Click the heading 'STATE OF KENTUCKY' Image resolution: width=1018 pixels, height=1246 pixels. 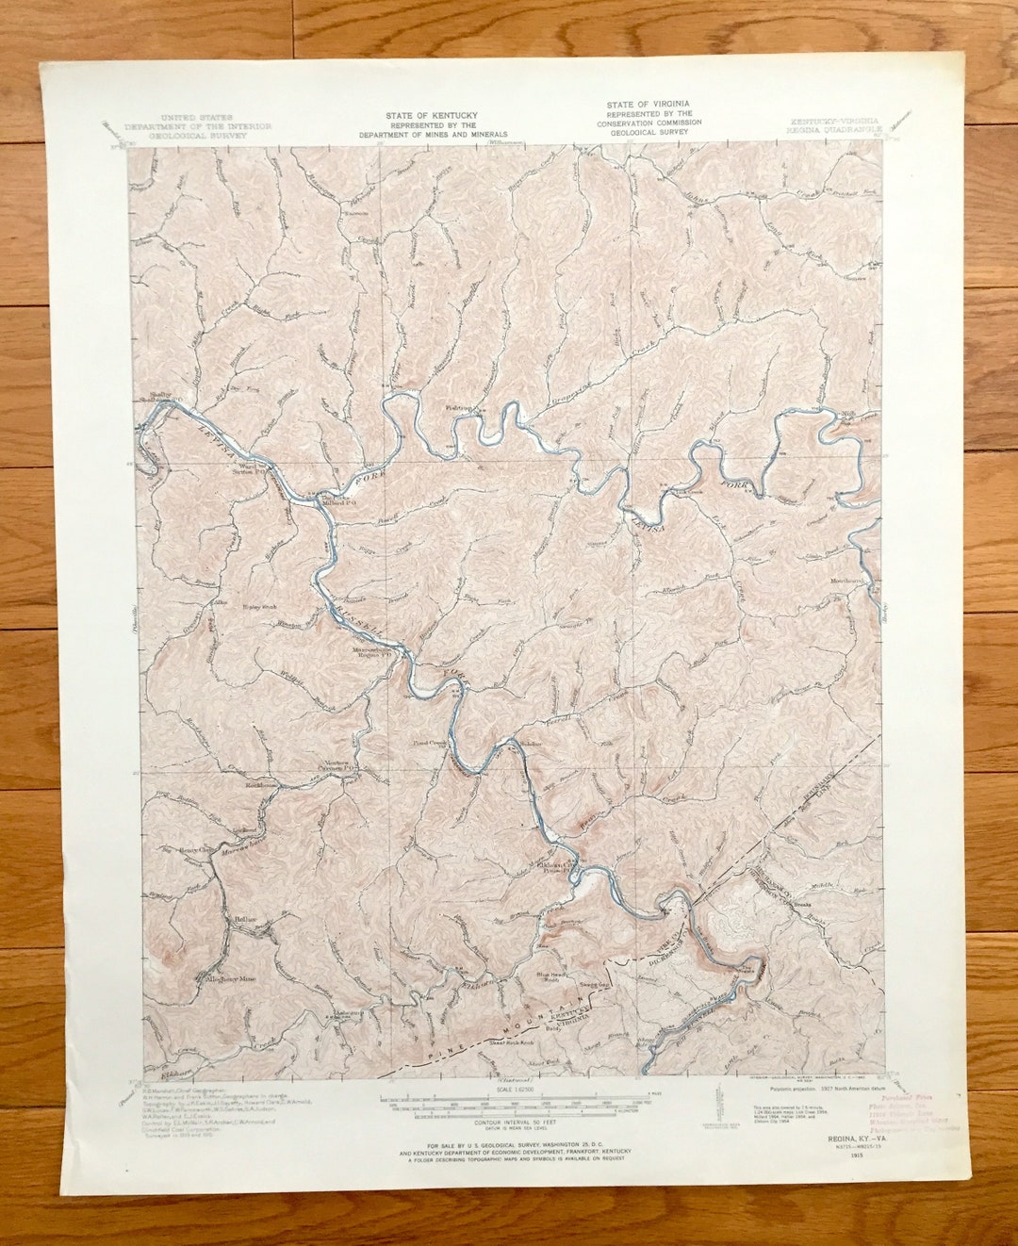click(x=431, y=115)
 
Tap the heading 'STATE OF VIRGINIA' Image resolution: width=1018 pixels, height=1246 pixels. click(x=648, y=104)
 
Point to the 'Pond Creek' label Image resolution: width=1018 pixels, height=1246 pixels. click(x=429, y=743)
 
